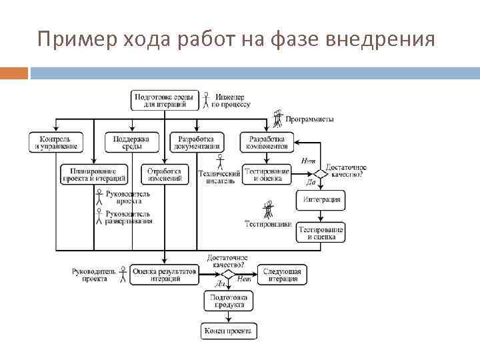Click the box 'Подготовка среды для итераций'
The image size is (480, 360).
point(164,101)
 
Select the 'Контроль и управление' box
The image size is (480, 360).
point(55,142)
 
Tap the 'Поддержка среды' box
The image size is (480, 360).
point(131,142)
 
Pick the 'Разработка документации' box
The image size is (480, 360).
point(196,142)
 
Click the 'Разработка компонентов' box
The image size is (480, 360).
point(267,142)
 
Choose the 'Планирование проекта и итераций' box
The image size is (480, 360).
point(93,175)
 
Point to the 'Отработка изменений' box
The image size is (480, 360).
point(164,175)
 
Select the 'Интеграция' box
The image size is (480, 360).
point(321,199)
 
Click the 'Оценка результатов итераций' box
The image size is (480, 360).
point(164,275)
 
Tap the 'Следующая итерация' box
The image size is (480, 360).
point(282,275)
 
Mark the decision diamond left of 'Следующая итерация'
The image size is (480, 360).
point(229,274)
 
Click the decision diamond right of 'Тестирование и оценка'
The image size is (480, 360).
point(321,173)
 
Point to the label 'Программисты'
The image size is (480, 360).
point(309,119)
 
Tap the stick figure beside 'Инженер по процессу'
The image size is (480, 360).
point(206,101)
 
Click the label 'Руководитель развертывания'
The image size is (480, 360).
point(128,217)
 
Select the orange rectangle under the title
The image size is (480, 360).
point(14,73)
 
